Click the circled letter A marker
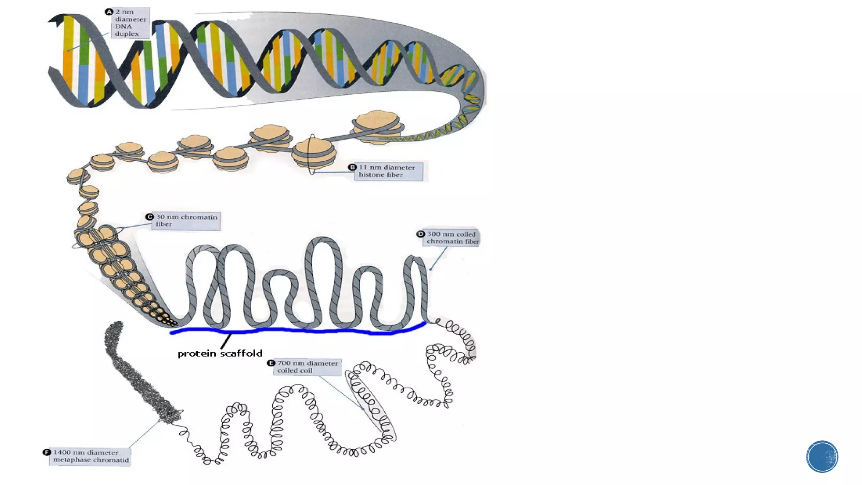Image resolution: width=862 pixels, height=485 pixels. (x=109, y=12)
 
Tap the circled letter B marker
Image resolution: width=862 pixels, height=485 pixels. (x=352, y=167)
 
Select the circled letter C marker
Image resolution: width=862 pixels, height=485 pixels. (x=149, y=217)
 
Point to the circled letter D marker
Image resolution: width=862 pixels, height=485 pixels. (x=420, y=234)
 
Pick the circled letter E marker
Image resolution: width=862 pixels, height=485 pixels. (x=271, y=363)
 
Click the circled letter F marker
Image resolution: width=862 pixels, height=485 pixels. (x=47, y=452)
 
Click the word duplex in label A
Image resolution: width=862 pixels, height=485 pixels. (x=127, y=34)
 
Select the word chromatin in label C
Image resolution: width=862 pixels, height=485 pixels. (x=199, y=217)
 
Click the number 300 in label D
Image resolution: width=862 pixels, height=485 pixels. (x=434, y=234)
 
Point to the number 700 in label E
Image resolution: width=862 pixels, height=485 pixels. (x=284, y=363)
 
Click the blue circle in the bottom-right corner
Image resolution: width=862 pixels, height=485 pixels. (x=822, y=456)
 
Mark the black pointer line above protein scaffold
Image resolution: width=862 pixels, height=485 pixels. (x=226, y=341)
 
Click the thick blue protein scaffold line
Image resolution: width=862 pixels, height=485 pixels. (x=295, y=331)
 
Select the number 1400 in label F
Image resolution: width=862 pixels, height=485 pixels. (x=61, y=452)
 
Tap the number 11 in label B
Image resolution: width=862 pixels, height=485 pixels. (x=362, y=167)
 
